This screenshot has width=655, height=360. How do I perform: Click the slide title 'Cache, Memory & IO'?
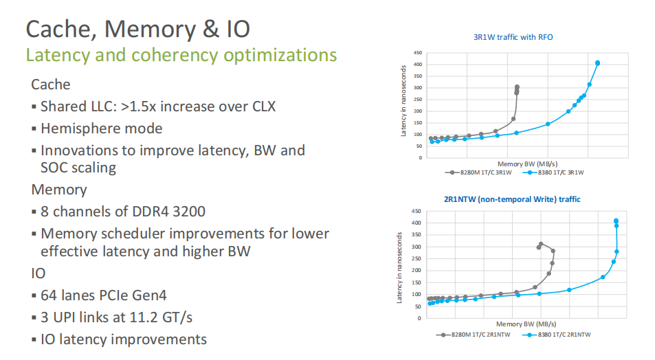(x=137, y=29)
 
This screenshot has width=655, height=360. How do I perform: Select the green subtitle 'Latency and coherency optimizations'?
(x=181, y=55)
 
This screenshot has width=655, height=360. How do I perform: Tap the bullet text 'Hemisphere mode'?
(x=101, y=128)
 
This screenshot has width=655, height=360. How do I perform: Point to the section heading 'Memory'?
(x=59, y=190)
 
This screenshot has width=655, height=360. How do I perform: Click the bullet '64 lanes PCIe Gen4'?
(x=103, y=296)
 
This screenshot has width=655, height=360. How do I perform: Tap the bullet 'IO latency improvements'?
(x=124, y=339)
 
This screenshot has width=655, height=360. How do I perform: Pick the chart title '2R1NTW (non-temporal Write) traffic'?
(x=512, y=199)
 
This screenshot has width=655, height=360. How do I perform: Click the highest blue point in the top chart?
(x=597, y=63)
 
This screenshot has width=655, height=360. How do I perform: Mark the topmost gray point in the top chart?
(x=517, y=87)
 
